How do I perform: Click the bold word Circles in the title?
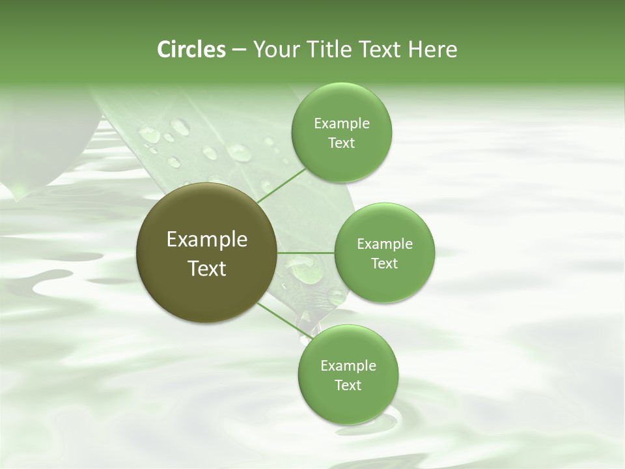[x=191, y=50]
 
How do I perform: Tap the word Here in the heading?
[x=432, y=50]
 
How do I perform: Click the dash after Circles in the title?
[x=239, y=50]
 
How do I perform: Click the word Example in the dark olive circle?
[x=207, y=240]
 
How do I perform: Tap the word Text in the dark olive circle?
[x=207, y=268]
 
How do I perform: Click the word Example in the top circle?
[x=342, y=124]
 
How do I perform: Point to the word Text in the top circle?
[x=342, y=143]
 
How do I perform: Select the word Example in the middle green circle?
[x=384, y=244]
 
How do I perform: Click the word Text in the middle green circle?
[x=384, y=264]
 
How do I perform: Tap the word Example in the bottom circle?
[x=348, y=366]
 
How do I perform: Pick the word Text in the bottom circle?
[x=348, y=386]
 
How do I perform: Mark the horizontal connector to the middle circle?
[x=306, y=253]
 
